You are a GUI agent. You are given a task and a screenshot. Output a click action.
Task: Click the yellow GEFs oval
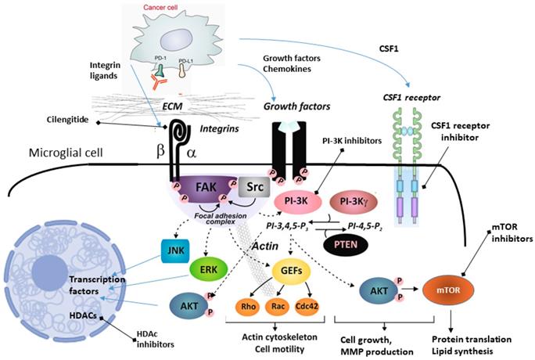tap(288, 271)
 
